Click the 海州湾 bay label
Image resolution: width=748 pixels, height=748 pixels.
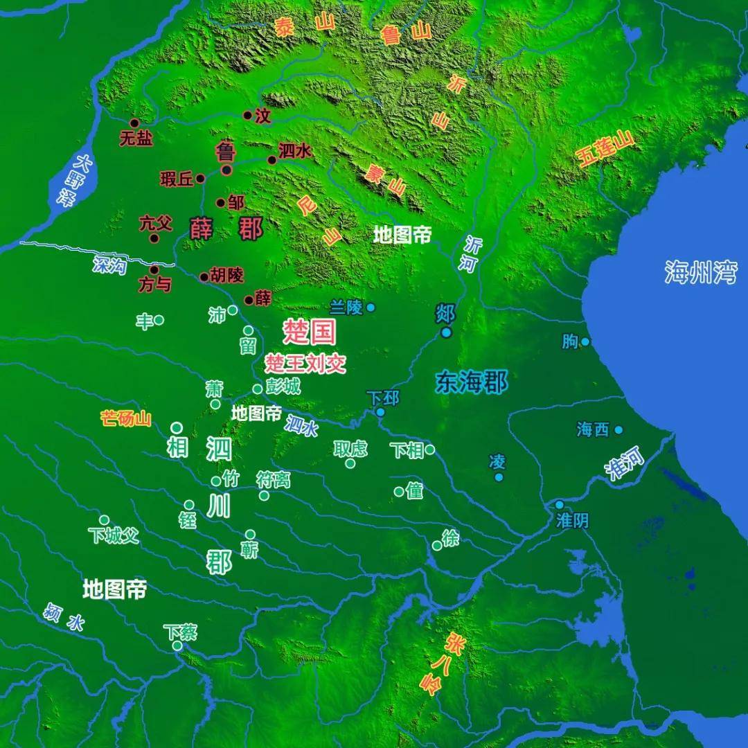click(x=700, y=272)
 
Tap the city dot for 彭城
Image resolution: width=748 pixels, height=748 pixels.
click(x=258, y=389)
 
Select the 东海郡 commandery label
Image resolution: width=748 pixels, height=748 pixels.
click(x=472, y=382)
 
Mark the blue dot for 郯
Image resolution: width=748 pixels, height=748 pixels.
click(x=446, y=332)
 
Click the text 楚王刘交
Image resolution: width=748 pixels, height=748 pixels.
click(x=305, y=364)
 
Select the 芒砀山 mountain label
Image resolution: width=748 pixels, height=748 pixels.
click(x=125, y=418)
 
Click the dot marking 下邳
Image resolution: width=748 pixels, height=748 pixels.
click(x=380, y=412)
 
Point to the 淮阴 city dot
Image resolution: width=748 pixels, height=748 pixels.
click(x=559, y=505)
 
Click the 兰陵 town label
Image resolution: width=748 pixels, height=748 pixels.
click(x=346, y=306)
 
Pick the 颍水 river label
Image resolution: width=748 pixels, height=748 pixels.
click(x=64, y=616)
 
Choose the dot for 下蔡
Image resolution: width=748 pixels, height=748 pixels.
click(x=177, y=645)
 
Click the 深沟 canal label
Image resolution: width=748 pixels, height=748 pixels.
click(x=109, y=264)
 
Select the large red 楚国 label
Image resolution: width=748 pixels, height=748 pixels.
click(x=310, y=332)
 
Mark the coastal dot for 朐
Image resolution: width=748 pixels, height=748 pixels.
click(x=585, y=341)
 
